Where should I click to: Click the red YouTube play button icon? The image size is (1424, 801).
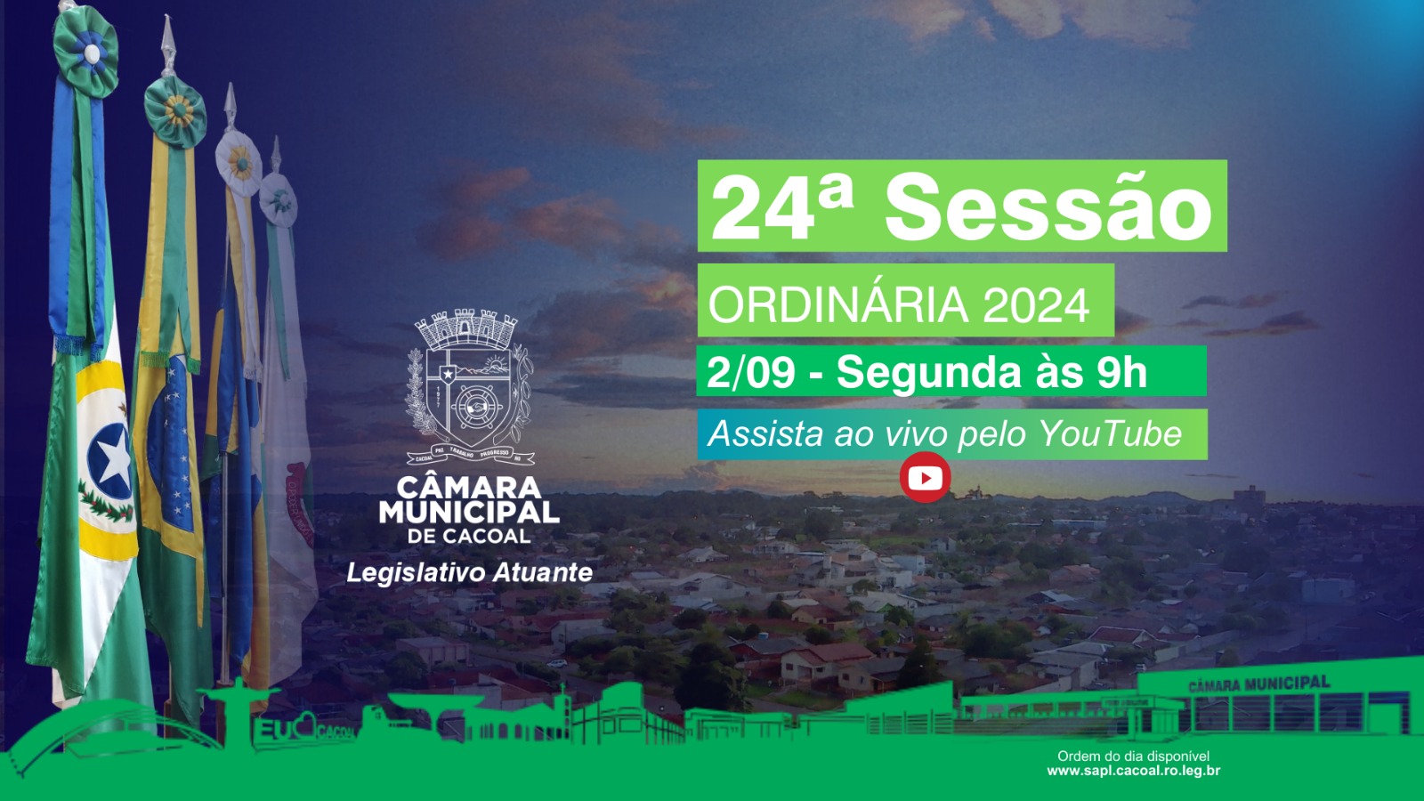925,478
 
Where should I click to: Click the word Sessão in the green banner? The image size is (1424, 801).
1048,206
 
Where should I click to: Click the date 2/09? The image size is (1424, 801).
750,372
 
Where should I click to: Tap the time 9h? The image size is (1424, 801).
1121,372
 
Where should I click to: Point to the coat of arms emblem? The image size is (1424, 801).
469,388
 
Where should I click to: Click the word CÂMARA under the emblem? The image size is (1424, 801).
469,487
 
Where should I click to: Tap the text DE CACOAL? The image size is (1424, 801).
469,536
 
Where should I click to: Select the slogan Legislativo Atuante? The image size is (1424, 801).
469,572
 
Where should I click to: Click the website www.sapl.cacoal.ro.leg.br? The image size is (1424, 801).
1133,771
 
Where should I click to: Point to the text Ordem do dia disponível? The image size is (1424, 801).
1133,756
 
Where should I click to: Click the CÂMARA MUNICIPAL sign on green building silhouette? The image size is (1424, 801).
1258,684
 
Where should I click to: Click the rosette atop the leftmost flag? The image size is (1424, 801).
85,51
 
